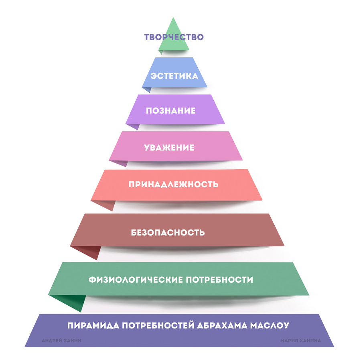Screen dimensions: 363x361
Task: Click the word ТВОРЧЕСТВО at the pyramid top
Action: pos(174,37)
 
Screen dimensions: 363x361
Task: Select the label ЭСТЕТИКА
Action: pos(174,76)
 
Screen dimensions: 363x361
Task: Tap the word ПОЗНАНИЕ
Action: pos(170,111)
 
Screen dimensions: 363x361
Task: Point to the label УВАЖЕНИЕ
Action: pos(169,148)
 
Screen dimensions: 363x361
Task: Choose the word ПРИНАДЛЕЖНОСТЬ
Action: pos(173,185)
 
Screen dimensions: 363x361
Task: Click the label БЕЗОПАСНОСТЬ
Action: pos(168,233)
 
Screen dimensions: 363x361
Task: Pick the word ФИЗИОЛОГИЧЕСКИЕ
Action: pos(136,280)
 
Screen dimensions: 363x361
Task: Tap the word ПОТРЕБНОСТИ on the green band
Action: pos(219,280)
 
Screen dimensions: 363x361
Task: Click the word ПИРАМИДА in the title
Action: pos(93,325)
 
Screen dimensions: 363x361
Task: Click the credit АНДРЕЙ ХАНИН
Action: pos(62,341)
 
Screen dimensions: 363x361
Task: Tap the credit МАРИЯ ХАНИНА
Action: pos(300,341)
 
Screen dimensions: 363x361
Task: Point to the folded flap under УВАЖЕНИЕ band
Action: pos(120,163)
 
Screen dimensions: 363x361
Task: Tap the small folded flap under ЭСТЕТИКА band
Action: pos(147,89)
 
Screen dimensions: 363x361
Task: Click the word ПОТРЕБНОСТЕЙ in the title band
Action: pos(158,325)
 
